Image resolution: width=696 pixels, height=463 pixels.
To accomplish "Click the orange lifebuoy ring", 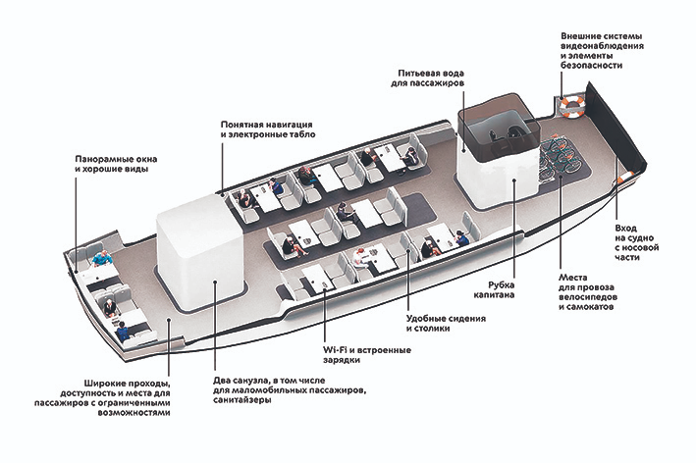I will (x=570, y=104).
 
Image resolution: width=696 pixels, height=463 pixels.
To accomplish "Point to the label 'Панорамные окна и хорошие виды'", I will (x=116, y=164).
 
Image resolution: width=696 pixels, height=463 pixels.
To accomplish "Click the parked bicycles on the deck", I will (x=565, y=158).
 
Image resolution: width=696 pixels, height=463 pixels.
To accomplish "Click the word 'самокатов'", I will (x=592, y=307).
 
